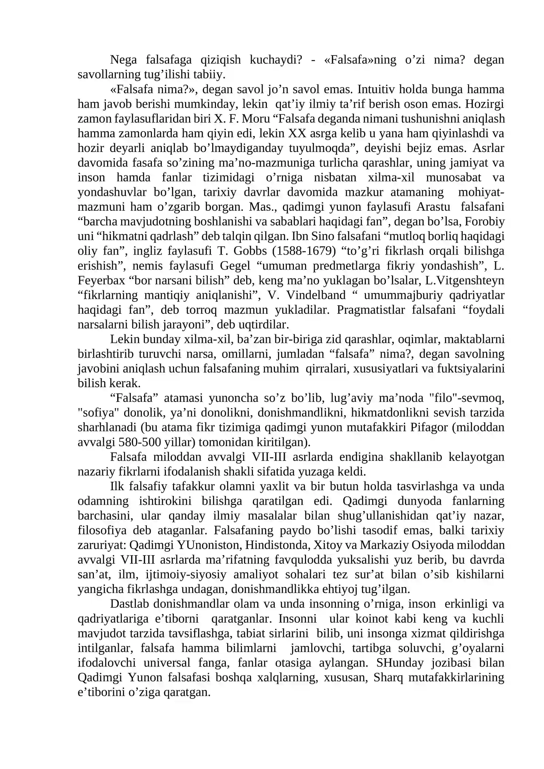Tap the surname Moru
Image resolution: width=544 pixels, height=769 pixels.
(254, 119)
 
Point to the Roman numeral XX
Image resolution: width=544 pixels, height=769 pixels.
(297, 133)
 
